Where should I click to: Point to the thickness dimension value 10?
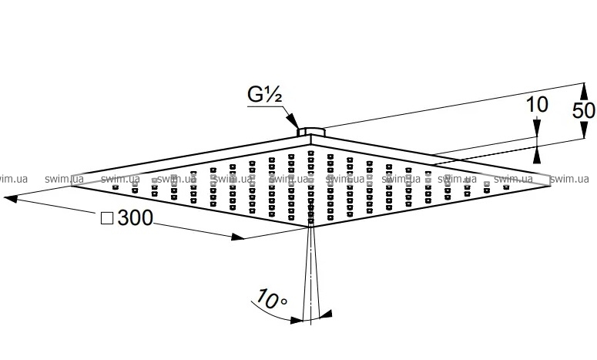[538, 106]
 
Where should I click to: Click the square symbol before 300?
[107, 219]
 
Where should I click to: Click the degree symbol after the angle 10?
[284, 298]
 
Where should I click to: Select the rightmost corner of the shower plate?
[550, 178]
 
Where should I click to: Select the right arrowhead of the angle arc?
[327, 313]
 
